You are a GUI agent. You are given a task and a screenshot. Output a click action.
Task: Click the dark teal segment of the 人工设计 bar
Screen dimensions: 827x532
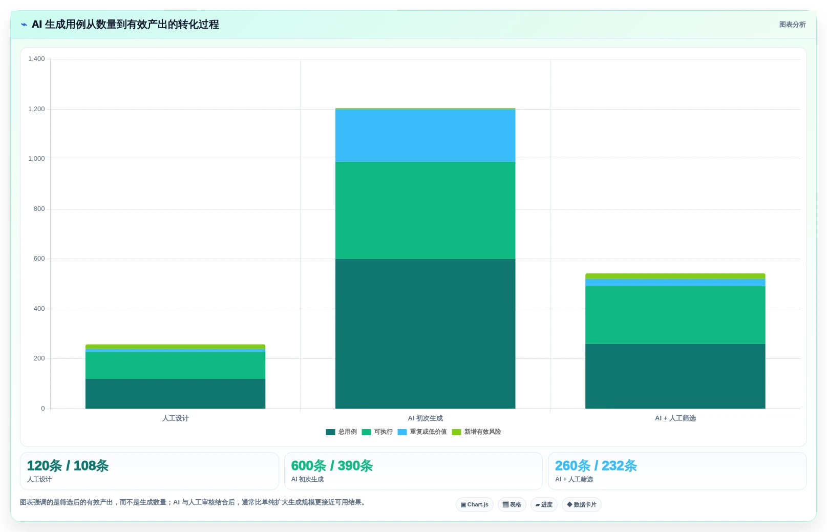click(175, 394)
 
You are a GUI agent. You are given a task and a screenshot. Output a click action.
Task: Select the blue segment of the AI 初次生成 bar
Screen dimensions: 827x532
click(426, 136)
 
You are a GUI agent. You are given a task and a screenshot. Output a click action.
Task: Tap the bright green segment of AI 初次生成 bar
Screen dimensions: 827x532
click(426, 210)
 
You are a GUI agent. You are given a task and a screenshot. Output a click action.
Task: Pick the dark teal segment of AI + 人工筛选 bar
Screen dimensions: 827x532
click(675, 376)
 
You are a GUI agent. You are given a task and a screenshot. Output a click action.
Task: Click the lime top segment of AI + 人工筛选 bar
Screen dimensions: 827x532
click(675, 276)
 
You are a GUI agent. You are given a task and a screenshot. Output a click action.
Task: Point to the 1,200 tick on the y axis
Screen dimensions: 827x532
click(36, 109)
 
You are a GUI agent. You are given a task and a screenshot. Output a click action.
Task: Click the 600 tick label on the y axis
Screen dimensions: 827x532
click(39, 259)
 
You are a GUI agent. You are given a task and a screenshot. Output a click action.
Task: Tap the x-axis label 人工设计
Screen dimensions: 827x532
click(175, 418)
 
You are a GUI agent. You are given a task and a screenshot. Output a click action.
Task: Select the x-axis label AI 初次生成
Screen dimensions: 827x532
click(426, 418)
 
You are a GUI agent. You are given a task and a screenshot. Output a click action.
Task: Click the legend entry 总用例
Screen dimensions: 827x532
click(341, 432)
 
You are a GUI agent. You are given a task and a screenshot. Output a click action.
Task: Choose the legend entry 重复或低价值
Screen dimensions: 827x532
click(422, 432)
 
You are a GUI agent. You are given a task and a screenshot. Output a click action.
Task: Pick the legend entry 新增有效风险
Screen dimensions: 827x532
click(477, 432)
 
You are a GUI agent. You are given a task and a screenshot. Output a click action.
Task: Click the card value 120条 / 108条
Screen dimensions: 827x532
click(68, 466)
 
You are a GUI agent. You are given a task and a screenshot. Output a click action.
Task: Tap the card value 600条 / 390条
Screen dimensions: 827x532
click(332, 466)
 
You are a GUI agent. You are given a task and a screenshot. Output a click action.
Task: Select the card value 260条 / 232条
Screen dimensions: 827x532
click(596, 466)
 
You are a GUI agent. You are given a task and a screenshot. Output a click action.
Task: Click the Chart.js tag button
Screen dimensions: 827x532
click(474, 505)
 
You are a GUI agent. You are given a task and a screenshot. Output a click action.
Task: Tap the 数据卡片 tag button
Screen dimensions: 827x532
click(582, 505)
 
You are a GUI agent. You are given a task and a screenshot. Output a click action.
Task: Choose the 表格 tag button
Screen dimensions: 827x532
click(512, 505)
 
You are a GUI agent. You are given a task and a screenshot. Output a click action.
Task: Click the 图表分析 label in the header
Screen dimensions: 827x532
click(792, 25)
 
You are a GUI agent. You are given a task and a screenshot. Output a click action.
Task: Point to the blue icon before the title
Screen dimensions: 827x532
click(24, 25)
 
